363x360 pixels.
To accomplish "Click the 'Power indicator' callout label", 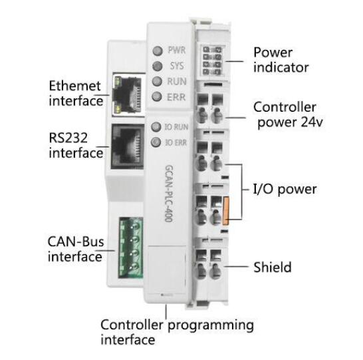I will pos(281,59).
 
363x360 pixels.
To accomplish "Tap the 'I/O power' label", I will pos(285,190).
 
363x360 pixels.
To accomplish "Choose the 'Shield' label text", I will pos(272,268).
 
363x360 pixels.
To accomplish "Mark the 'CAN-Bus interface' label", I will pos(74,248).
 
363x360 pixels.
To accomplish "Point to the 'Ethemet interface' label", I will pos(76,94).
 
